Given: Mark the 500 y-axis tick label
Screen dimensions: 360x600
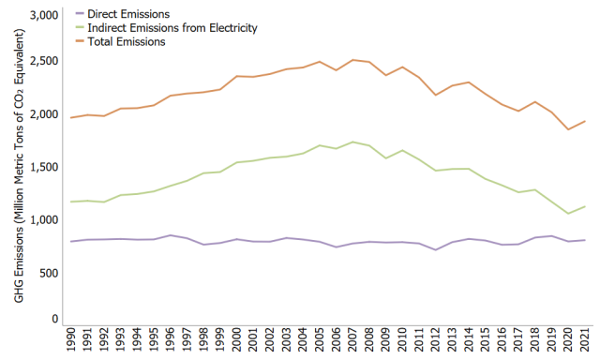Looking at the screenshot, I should (49, 273).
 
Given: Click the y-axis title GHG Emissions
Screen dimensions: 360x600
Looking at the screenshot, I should (19, 169).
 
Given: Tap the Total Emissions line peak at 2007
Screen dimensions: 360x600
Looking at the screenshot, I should (353, 60).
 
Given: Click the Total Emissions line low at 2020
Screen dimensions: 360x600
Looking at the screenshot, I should (568, 129).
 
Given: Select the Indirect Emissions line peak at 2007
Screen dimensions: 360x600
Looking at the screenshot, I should (353, 142).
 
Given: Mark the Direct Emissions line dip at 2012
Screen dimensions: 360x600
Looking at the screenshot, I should (436, 250).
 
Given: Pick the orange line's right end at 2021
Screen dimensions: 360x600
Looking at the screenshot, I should (585, 121).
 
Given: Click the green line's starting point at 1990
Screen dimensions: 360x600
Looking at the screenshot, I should (71, 202).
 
